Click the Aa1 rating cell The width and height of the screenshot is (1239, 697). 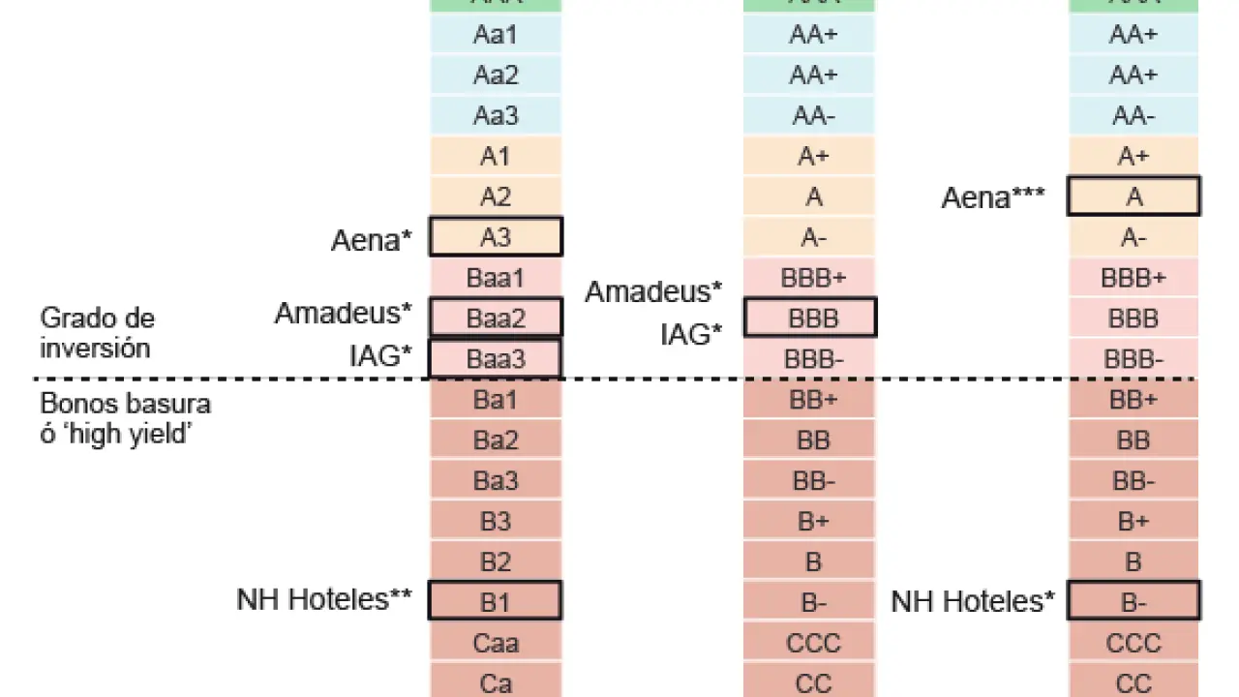click(x=495, y=35)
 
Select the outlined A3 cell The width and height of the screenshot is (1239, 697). click(x=495, y=237)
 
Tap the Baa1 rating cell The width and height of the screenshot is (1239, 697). click(x=495, y=279)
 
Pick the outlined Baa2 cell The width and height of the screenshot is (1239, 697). click(x=495, y=318)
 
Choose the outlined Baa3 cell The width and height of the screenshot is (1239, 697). click(x=495, y=358)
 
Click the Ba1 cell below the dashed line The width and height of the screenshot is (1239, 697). click(x=495, y=400)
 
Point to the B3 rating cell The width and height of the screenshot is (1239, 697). click(x=495, y=522)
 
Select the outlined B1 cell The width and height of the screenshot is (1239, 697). click(x=495, y=601)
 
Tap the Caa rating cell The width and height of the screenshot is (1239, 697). click(x=495, y=643)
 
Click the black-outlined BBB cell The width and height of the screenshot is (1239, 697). click(x=810, y=318)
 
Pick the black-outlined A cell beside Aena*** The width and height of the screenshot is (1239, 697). click(x=1133, y=197)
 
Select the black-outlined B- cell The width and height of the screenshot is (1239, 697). click(x=1133, y=601)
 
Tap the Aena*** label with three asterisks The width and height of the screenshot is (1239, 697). click(x=993, y=198)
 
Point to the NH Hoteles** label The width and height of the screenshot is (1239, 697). click(x=324, y=600)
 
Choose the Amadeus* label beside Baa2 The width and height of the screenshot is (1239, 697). click(x=344, y=313)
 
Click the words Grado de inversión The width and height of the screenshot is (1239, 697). click(x=98, y=333)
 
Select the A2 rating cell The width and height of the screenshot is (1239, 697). click(x=495, y=197)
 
